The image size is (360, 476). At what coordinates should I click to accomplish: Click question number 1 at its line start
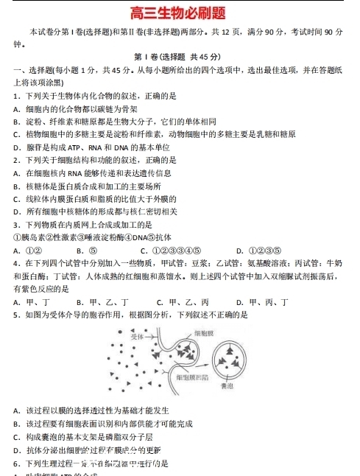click(18, 96)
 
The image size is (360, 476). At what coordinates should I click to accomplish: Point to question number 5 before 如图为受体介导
click(18, 315)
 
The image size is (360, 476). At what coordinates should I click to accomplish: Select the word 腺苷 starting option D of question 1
click(32, 147)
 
